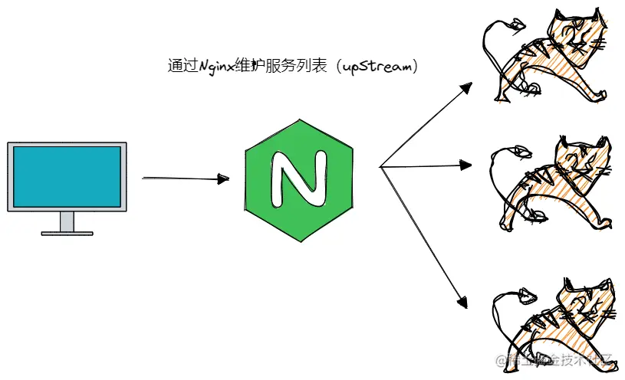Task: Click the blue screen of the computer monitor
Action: [x=67, y=175]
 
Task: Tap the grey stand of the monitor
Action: [x=67, y=221]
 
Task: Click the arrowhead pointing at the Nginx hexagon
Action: [x=224, y=179]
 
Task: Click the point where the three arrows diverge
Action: [x=380, y=166]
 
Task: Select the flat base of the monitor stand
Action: [x=67, y=233]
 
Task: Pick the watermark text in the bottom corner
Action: [x=555, y=360]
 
